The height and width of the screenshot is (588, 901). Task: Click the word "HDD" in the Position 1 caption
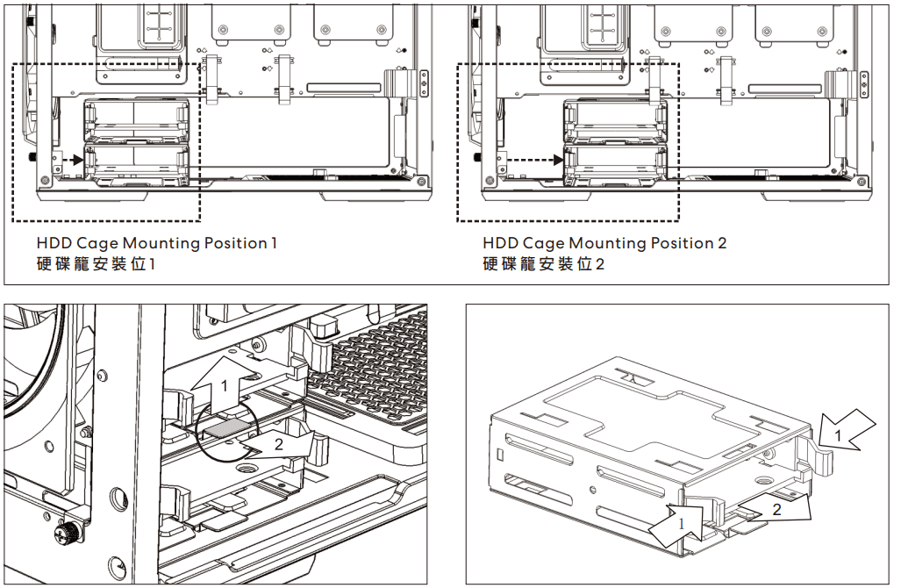[x=54, y=243]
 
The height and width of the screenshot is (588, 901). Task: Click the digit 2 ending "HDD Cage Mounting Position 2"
[x=722, y=243]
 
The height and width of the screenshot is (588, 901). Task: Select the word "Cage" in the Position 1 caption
[x=97, y=244]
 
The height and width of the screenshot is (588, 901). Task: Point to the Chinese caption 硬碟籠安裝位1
[x=96, y=264]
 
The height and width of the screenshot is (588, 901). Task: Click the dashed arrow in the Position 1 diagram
[x=74, y=160]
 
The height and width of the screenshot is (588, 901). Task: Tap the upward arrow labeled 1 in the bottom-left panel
[x=224, y=384]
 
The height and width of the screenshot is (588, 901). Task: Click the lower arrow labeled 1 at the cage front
[x=678, y=524]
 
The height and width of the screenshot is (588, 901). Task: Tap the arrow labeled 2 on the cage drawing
[x=776, y=506]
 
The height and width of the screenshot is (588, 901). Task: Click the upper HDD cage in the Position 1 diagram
[x=137, y=119]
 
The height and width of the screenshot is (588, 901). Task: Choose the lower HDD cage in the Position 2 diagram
[x=616, y=166]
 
